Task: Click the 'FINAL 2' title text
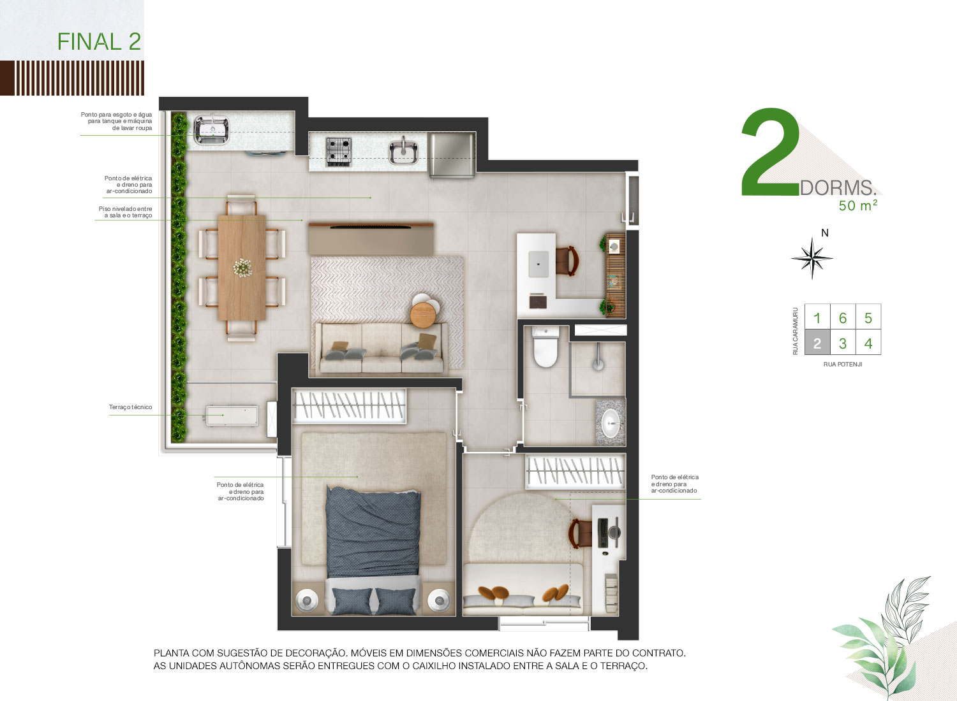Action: pos(99,41)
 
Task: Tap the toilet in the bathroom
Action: pos(545,346)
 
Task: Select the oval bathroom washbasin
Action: pos(611,423)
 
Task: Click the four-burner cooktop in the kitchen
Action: pos(338,152)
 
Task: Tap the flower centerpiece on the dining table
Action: pos(242,268)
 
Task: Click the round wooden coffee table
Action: pos(422,315)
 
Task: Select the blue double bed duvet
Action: pos(373,533)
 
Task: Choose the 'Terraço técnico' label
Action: pos(130,407)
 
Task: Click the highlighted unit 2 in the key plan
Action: pos(817,342)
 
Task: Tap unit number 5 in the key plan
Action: pos(868,318)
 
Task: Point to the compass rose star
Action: pos(812,258)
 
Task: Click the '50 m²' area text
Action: pos(858,205)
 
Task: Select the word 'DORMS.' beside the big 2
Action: pos(838,188)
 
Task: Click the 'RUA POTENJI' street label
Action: pos(843,365)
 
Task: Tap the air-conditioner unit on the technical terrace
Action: pos(232,416)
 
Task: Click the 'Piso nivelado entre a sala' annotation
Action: pos(125,212)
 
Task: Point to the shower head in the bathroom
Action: pos(598,365)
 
